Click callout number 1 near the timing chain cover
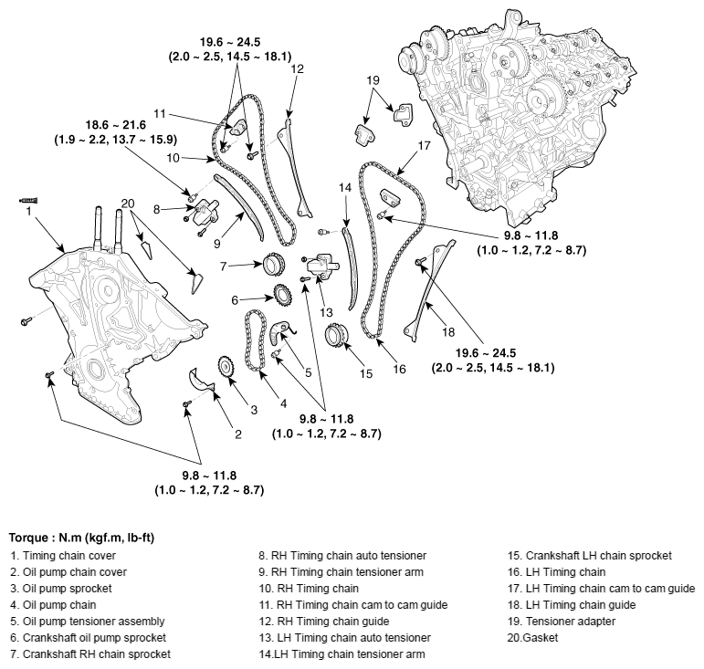(28, 210)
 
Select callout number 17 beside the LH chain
(424, 145)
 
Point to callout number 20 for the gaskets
(127, 203)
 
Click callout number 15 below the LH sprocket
(365, 372)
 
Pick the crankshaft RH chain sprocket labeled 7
(270, 267)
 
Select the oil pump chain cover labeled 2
(199, 381)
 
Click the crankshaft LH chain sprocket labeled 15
(336, 337)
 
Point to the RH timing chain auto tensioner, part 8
(209, 211)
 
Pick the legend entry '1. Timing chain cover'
(58, 554)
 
